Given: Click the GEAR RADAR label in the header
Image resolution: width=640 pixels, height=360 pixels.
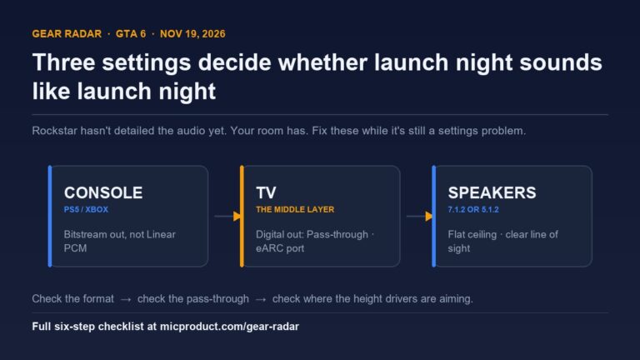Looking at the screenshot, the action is tap(67, 34).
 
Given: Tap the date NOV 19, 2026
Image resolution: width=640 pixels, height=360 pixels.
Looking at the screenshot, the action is tap(192, 34).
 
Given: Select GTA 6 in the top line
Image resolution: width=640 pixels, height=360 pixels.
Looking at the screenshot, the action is tap(131, 34).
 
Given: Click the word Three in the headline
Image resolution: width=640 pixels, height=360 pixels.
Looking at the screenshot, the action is tap(63, 62).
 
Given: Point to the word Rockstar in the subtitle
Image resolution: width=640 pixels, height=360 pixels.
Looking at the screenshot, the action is tap(54, 131).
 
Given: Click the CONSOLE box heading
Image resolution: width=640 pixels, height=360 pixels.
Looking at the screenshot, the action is tap(103, 192).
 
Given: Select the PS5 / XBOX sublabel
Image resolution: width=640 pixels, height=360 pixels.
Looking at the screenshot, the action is tap(86, 210).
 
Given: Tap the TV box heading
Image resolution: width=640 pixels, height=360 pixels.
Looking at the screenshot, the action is tap(266, 192).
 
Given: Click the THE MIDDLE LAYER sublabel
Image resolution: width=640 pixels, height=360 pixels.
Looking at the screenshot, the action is tap(295, 210).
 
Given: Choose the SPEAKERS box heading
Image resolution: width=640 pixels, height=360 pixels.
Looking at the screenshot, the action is tap(492, 192).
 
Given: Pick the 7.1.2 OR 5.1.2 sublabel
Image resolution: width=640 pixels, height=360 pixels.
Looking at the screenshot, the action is tap(473, 210).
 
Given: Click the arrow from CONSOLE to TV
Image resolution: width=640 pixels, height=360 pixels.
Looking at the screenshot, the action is tap(227, 217).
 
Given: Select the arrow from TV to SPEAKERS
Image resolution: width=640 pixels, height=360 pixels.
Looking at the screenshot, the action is tap(419, 217).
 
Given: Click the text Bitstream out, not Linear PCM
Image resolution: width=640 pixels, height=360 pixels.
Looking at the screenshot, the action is tap(120, 241).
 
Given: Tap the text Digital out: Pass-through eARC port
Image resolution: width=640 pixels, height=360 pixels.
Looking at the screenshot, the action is tap(315, 241).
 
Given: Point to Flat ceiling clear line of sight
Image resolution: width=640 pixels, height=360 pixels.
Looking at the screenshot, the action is tap(502, 241).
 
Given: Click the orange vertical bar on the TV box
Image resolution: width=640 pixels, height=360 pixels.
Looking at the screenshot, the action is tap(242, 217).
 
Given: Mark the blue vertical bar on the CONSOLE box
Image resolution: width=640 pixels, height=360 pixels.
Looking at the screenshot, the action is tap(50, 217).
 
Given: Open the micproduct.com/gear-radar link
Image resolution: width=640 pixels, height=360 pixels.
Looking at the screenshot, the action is tap(229, 327).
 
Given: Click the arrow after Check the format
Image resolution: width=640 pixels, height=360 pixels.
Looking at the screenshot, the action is tap(126, 300).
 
